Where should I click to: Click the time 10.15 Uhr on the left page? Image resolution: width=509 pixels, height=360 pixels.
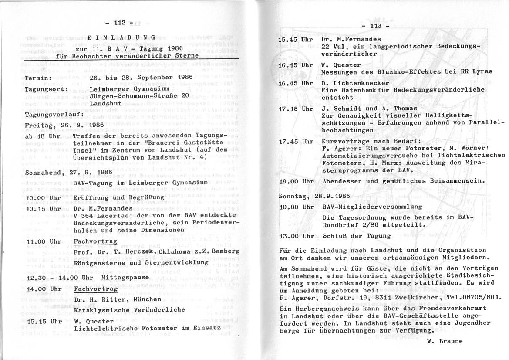coord(44,208)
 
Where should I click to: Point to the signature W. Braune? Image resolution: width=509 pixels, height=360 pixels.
coord(445,341)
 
